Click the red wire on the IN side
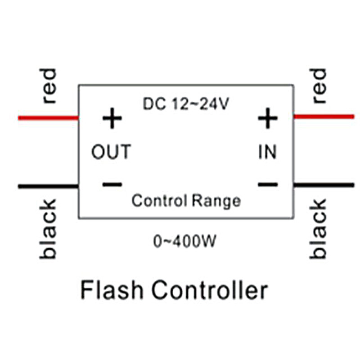(324, 117)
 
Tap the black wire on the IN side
(324, 184)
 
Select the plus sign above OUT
(112, 119)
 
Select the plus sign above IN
(268, 119)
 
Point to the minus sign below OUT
(112, 184)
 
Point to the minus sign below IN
(268, 184)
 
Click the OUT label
(111, 152)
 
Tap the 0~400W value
(185, 242)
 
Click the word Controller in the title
(209, 290)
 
